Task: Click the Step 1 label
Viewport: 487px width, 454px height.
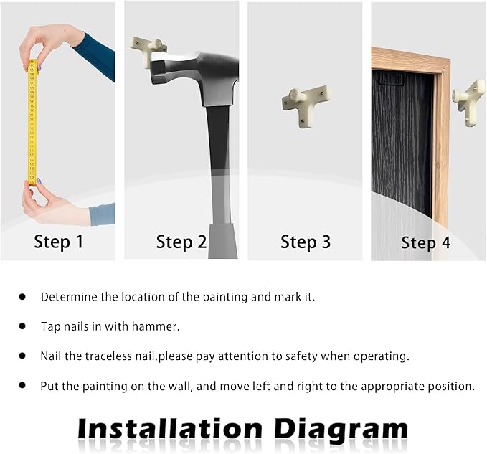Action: pyautogui.click(x=59, y=242)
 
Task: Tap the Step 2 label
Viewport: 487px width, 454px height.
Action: pyautogui.click(x=181, y=242)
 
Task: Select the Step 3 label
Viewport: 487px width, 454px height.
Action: pyautogui.click(x=306, y=242)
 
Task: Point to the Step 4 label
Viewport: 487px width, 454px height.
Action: pyautogui.click(x=425, y=243)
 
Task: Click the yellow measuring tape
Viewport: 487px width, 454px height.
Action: pyautogui.click(x=32, y=123)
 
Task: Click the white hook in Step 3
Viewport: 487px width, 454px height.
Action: pyautogui.click(x=306, y=105)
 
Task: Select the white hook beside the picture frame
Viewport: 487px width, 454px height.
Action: pyautogui.click(x=470, y=102)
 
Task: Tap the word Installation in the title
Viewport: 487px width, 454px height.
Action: pyautogui.click(x=170, y=429)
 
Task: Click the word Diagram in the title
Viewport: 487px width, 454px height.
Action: pyautogui.click(x=341, y=430)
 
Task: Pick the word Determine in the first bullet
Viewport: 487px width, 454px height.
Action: pyautogui.click(x=69, y=297)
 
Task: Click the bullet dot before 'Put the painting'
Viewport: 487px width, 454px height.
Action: pyautogui.click(x=22, y=385)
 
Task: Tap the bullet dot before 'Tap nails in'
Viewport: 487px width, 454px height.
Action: pyautogui.click(x=22, y=326)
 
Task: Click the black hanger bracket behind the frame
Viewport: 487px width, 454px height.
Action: pyautogui.click(x=392, y=79)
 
